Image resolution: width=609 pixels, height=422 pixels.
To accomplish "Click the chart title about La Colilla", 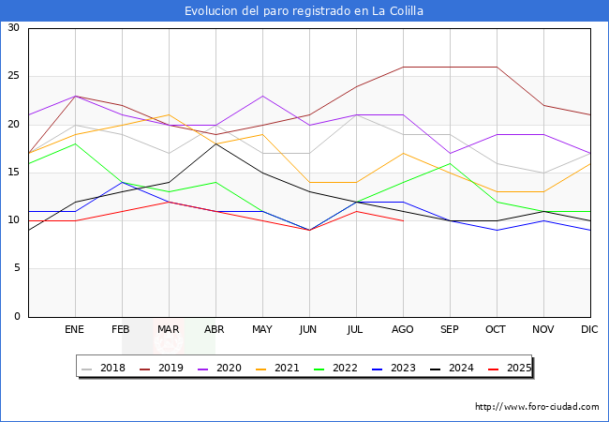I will [304, 11].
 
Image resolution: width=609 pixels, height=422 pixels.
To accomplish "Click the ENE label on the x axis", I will [75, 330].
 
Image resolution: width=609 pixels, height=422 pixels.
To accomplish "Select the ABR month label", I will [215, 330].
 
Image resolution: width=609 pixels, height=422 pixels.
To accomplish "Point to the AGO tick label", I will [403, 330].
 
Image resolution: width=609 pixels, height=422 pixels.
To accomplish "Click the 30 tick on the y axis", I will [13, 28].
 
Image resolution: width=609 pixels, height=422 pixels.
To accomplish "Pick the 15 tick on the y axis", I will [13, 173].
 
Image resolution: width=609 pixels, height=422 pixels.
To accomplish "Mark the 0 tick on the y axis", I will [16, 317].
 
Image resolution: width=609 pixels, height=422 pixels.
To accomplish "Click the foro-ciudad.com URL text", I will [537, 407].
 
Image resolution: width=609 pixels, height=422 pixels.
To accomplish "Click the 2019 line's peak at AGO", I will [403, 67].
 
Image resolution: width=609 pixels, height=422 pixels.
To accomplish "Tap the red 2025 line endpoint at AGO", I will [403, 221].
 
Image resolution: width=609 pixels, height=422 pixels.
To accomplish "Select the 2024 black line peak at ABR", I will [215, 143].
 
